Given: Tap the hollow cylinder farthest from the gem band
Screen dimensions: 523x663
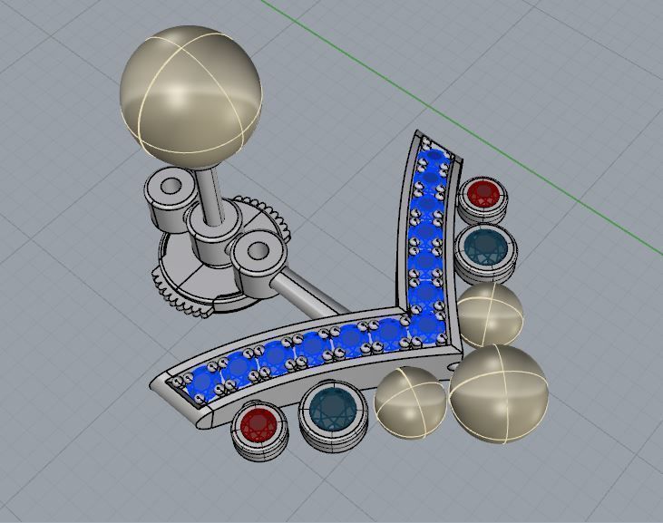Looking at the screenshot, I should (x=169, y=197).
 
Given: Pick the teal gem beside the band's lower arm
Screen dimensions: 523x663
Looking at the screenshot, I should (x=332, y=412).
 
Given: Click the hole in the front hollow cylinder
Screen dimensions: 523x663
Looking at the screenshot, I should (x=257, y=247).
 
